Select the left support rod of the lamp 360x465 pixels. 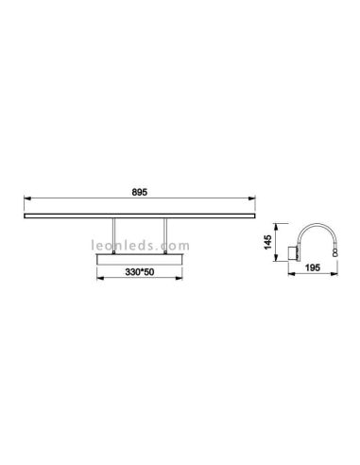115,236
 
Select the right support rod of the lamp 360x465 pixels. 165,236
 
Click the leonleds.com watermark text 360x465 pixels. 140,242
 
